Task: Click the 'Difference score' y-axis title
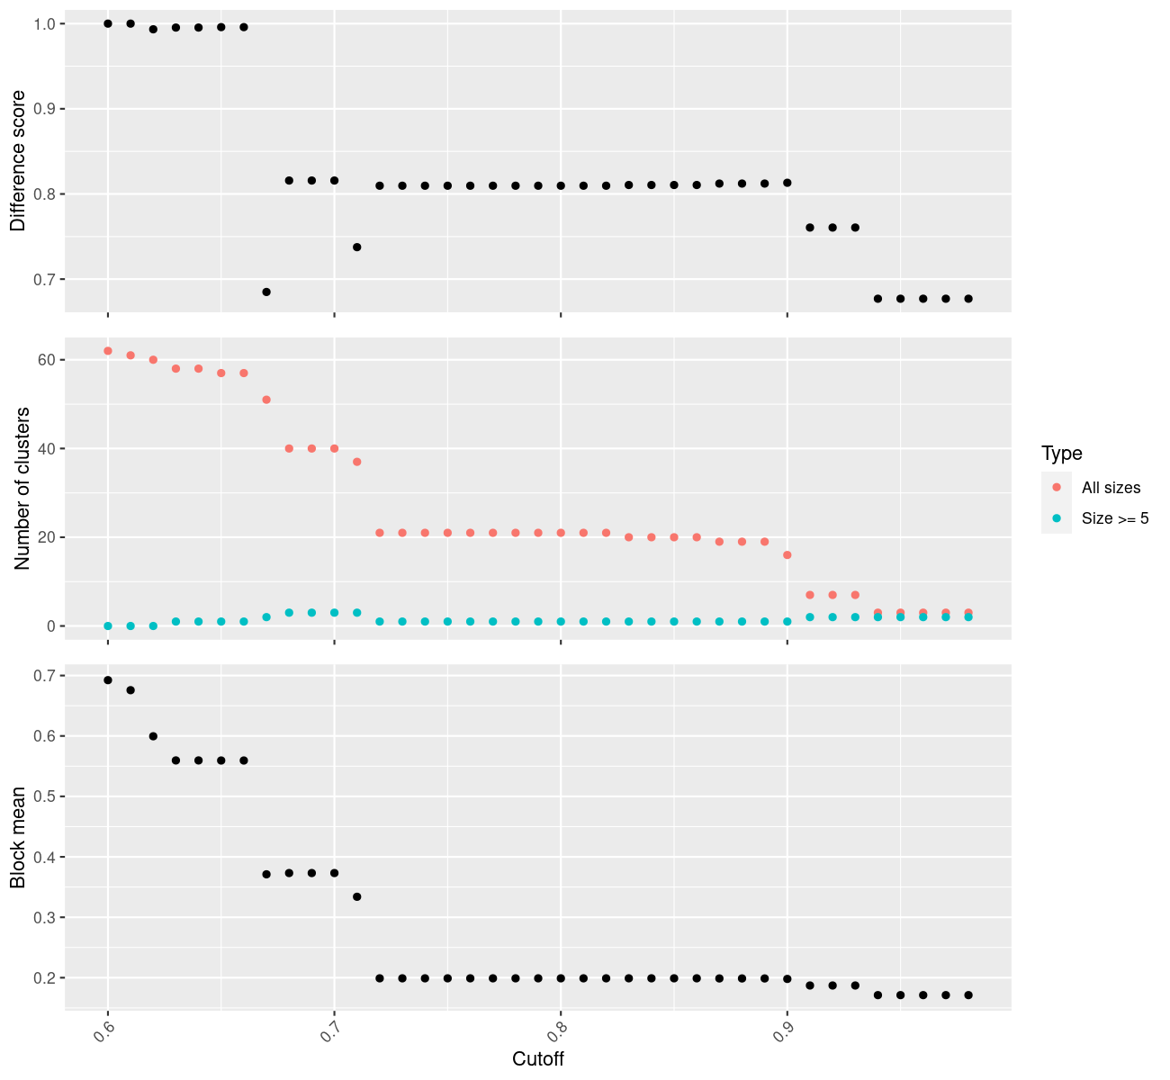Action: click(18, 161)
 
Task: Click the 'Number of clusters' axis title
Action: click(22, 489)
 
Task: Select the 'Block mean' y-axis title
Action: click(18, 836)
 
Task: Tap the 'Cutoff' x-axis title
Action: click(538, 1059)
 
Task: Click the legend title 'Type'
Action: click(1061, 453)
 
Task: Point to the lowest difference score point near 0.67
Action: click(266, 292)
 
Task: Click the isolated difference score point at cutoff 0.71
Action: click(357, 247)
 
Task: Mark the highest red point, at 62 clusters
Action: click(108, 351)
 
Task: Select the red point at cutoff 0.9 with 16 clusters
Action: click(787, 555)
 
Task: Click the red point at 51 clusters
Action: click(266, 400)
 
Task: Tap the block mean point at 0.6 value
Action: click(153, 736)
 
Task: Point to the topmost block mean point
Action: click(108, 680)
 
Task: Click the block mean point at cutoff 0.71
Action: click(357, 897)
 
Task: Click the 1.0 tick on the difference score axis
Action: click(43, 24)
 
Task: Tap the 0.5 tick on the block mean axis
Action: click(43, 796)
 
